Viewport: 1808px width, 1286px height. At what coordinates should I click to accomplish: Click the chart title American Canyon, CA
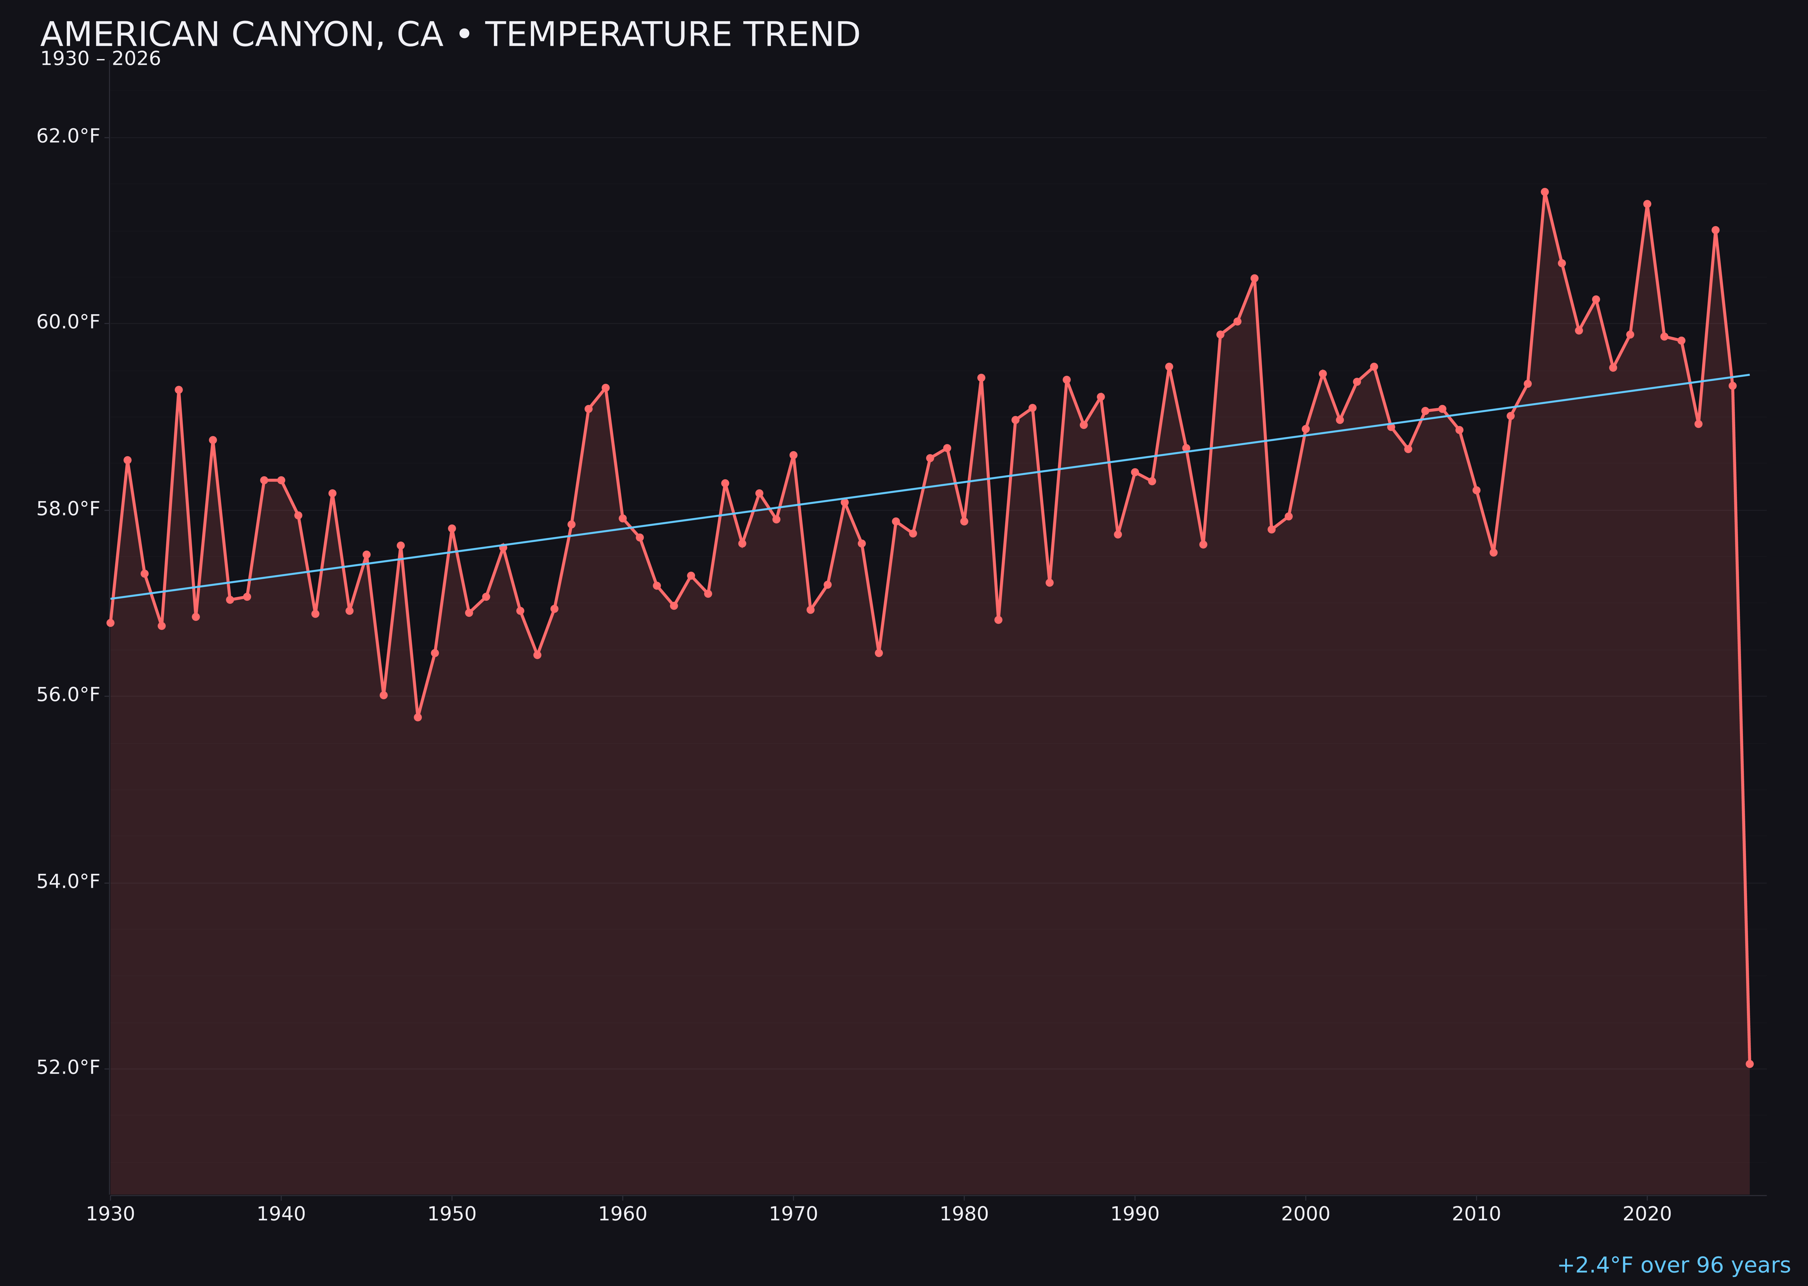(x=450, y=35)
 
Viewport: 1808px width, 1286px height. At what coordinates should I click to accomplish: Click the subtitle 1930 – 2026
(x=100, y=59)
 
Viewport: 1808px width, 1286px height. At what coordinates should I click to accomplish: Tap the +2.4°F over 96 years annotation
(x=1673, y=1265)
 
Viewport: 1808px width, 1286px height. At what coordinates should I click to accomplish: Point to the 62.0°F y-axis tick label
(x=68, y=136)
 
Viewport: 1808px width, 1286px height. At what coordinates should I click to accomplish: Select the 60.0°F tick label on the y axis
(x=68, y=322)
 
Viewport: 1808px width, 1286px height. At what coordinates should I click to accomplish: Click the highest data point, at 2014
(x=1544, y=192)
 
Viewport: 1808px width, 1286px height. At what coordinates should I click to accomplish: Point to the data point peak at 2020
(x=1647, y=204)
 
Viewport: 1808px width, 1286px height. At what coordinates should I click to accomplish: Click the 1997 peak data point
(x=1254, y=279)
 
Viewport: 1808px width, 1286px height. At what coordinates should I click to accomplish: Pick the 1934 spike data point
(x=179, y=390)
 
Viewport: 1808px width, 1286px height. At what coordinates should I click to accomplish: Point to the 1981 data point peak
(x=981, y=378)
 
